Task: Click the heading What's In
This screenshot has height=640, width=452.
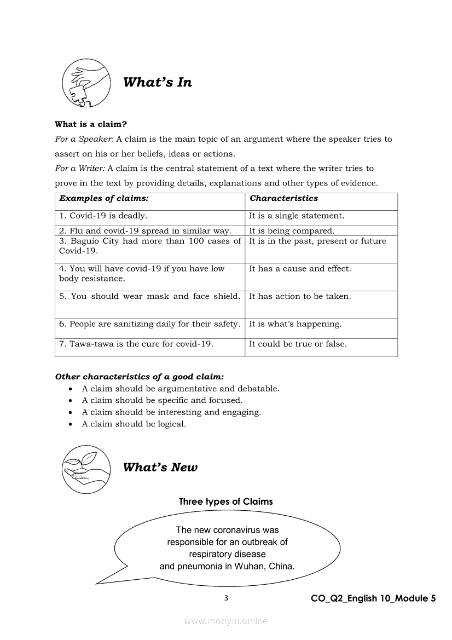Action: [158, 83]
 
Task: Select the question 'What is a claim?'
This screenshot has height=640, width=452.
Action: [91, 124]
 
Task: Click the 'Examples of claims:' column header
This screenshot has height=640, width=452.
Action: [104, 198]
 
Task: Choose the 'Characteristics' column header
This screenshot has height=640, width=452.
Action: [283, 198]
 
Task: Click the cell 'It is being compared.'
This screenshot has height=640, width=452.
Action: [292, 231]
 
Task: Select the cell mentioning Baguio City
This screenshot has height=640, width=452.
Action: [149, 246]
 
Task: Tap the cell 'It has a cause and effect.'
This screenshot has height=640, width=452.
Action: [300, 269]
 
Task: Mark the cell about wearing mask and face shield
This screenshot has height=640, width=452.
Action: [149, 296]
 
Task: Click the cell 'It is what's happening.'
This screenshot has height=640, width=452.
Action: [295, 324]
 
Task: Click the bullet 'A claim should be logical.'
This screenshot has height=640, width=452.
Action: [134, 424]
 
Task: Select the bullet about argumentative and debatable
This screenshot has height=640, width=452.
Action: [181, 388]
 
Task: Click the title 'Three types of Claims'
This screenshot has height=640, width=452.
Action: [226, 501]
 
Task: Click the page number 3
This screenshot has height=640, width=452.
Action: [227, 598]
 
